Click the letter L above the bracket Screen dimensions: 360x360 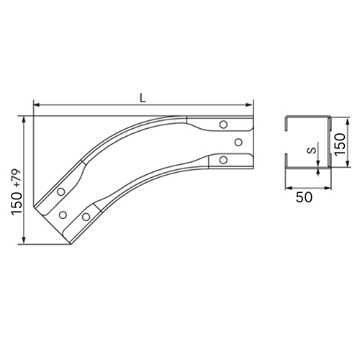pos(143,98)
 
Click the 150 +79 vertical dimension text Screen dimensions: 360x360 pos(17,192)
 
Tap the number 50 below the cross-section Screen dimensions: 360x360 pos(304,197)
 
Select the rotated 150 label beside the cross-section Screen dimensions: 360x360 pos(341,144)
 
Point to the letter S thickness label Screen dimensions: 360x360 pos(312,150)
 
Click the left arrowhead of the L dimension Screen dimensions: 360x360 pos(37,104)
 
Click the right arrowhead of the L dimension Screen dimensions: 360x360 pos(250,104)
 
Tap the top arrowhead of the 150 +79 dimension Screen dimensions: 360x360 pos(24,120)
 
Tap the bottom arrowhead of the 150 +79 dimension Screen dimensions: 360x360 pos(24,240)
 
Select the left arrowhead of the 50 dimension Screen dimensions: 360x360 pos(288,188)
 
